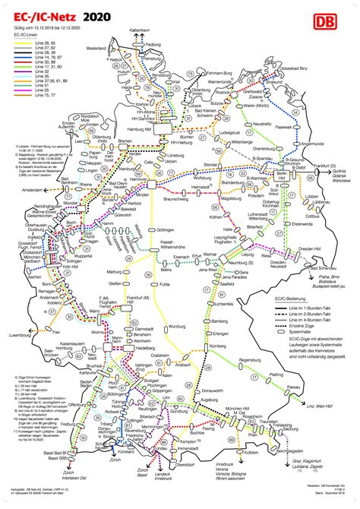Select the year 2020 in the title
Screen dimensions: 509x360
click(x=96, y=15)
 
